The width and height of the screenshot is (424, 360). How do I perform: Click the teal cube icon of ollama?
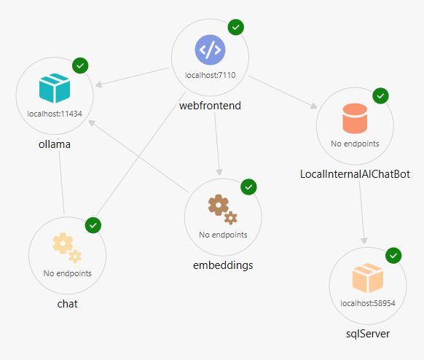[x=55, y=88]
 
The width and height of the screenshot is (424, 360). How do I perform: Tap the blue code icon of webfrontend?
[x=210, y=50]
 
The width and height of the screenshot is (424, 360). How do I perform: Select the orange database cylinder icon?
[x=355, y=118]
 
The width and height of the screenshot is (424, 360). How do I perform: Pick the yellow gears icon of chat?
[x=67, y=248]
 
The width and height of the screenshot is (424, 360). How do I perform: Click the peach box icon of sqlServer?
[x=368, y=278]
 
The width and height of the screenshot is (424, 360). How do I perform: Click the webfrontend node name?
[x=210, y=106]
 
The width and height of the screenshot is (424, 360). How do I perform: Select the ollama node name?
[x=55, y=144]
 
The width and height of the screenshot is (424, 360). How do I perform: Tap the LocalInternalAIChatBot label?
[x=355, y=174]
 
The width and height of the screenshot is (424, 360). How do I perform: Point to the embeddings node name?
[x=223, y=265]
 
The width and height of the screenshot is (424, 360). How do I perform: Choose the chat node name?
[x=67, y=304]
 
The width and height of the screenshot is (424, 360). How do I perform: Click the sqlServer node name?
[x=368, y=334]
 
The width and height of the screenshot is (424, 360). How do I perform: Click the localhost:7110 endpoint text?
[x=210, y=75]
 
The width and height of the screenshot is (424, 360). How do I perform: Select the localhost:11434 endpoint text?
[x=55, y=114]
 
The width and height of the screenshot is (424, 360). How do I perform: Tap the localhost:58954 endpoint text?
[x=368, y=303]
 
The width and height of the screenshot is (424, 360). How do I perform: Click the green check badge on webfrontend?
[x=236, y=27]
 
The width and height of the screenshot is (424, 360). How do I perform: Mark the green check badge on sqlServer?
[x=393, y=255]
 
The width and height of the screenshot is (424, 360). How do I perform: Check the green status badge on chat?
[x=93, y=225]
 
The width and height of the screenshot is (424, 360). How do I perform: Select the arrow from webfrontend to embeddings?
[x=217, y=144]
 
